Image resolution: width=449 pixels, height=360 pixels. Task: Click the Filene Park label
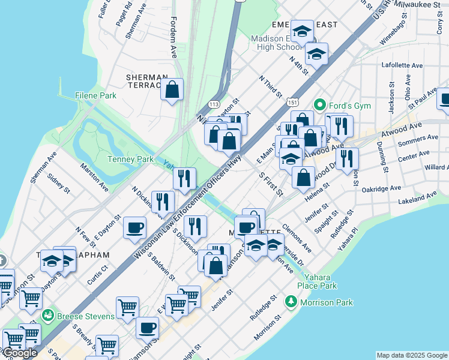[95, 95]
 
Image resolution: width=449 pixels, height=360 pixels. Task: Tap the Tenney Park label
[127, 159]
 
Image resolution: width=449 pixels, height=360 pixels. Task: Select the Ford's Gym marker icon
[320, 106]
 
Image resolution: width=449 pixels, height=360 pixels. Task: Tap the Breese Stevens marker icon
[47, 315]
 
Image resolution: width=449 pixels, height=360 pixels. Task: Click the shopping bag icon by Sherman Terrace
[172, 90]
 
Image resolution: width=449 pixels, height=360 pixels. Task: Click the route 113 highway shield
[213, 104]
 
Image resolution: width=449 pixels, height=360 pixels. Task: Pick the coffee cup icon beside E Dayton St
[134, 227]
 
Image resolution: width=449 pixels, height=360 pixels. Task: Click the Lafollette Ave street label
[402, 65]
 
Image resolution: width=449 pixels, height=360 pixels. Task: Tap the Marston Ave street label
[94, 178]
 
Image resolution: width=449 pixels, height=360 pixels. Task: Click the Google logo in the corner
[20, 353]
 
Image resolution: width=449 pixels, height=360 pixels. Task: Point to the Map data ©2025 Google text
[411, 355]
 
